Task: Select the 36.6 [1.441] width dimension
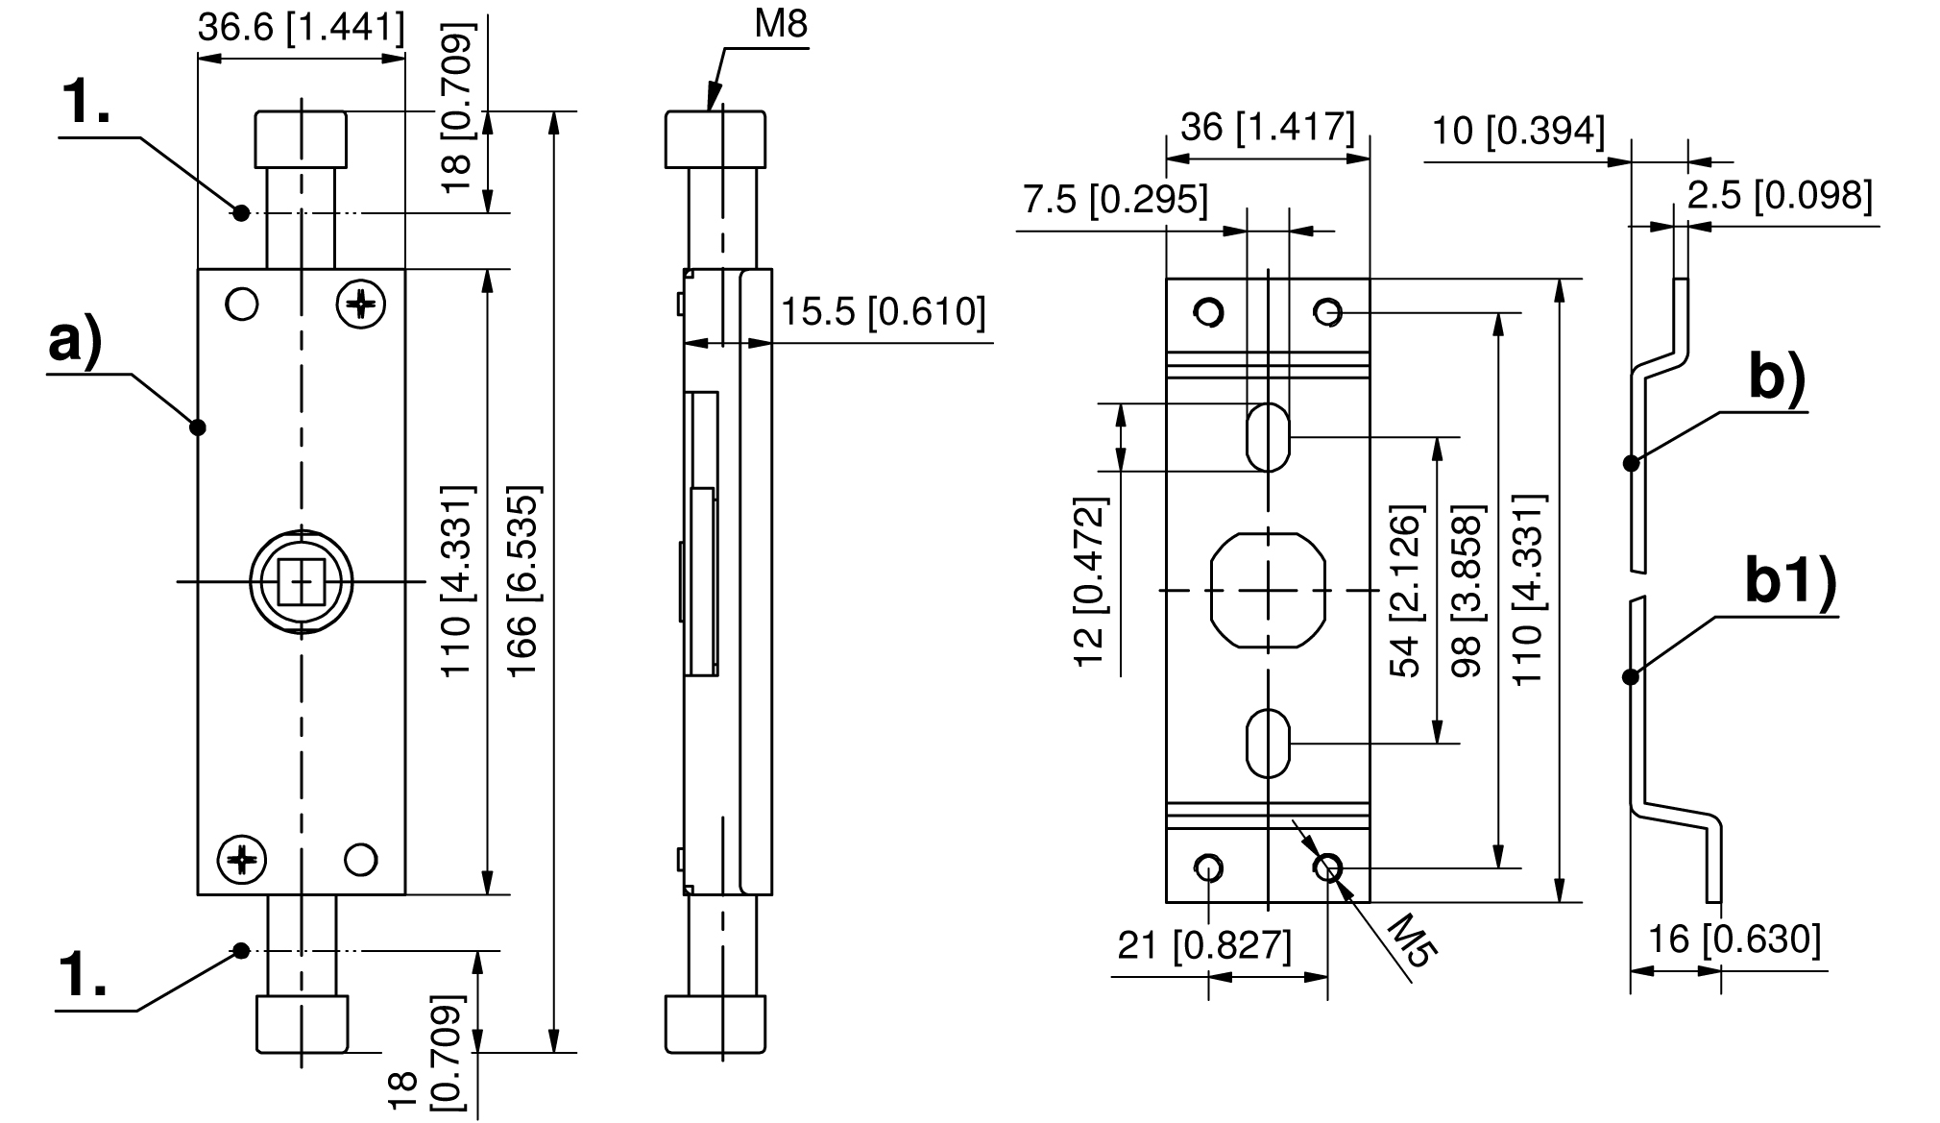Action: pos(301,28)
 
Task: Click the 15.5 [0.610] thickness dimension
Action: pos(883,311)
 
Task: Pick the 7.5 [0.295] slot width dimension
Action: pos(1115,200)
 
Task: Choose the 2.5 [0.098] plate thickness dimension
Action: pos(1780,195)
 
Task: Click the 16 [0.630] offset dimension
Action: pos(1734,939)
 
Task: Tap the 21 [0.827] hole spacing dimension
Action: pos(1204,945)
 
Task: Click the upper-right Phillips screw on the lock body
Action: pos(360,305)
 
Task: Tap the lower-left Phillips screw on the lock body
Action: pos(241,858)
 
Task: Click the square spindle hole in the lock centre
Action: pos(302,582)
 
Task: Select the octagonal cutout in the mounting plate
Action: pos(1268,589)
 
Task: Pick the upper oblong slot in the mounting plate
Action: pos(1268,437)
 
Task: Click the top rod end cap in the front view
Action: pos(301,139)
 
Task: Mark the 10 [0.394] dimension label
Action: pos(1517,130)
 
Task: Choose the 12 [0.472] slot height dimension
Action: pos(1090,582)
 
